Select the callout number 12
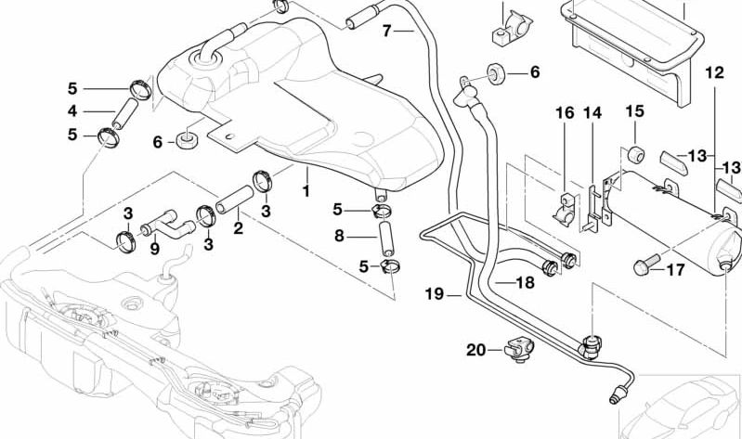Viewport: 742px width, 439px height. (x=713, y=71)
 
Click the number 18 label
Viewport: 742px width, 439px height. (x=525, y=282)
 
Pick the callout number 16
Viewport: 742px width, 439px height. (x=565, y=113)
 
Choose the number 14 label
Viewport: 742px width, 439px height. (x=592, y=113)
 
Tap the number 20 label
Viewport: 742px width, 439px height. (x=475, y=350)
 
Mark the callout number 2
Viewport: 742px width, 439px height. (x=238, y=227)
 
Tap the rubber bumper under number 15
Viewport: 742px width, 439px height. (x=634, y=152)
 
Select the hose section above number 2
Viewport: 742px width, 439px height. (x=234, y=200)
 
